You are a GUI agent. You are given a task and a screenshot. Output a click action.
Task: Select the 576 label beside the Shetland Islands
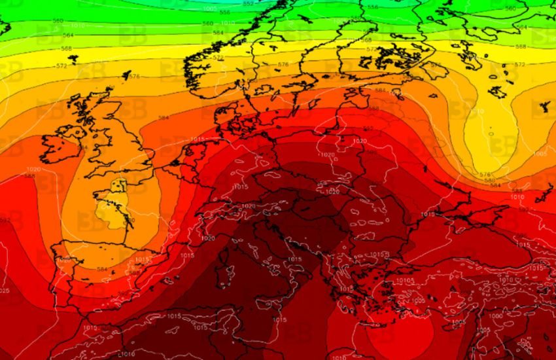(134, 77)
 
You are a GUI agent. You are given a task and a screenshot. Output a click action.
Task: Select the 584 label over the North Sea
(163, 118)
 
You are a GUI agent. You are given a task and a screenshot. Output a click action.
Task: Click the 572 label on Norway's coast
(218, 58)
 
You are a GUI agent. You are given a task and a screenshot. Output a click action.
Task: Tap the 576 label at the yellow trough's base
(485, 174)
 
